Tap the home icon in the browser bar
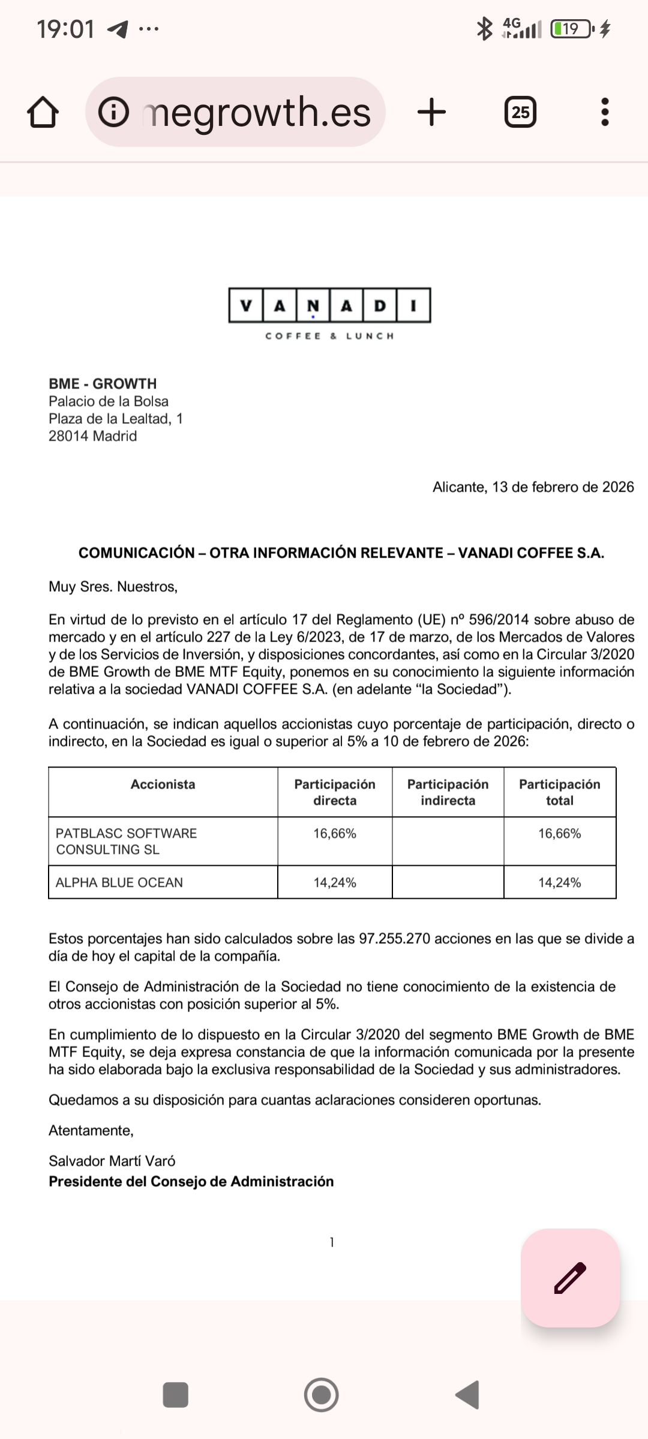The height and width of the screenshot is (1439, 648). (x=43, y=112)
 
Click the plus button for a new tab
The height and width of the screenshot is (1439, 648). (x=431, y=112)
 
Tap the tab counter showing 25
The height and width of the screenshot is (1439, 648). (x=520, y=112)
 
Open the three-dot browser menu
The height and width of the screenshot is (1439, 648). (x=605, y=112)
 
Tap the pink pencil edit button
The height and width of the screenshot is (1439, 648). (x=570, y=1278)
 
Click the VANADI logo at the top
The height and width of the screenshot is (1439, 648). (x=329, y=306)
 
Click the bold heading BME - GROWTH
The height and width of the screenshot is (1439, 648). (x=103, y=384)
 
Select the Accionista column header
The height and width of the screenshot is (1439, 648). (x=163, y=784)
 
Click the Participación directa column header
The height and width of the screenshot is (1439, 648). (x=335, y=792)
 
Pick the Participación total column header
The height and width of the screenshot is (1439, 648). (x=559, y=792)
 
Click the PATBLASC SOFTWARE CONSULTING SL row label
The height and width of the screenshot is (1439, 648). (x=126, y=841)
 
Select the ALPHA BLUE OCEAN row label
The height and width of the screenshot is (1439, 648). (x=119, y=883)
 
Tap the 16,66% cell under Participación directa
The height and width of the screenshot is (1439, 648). (x=335, y=833)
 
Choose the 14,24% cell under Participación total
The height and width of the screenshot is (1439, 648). (x=559, y=883)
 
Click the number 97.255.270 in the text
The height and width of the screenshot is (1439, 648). (x=395, y=939)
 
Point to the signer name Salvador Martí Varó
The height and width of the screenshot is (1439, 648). (x=112, y=1161)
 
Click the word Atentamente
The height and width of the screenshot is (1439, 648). (x=91, y=1130)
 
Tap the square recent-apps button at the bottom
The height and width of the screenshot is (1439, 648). (x=176, y=1395)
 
